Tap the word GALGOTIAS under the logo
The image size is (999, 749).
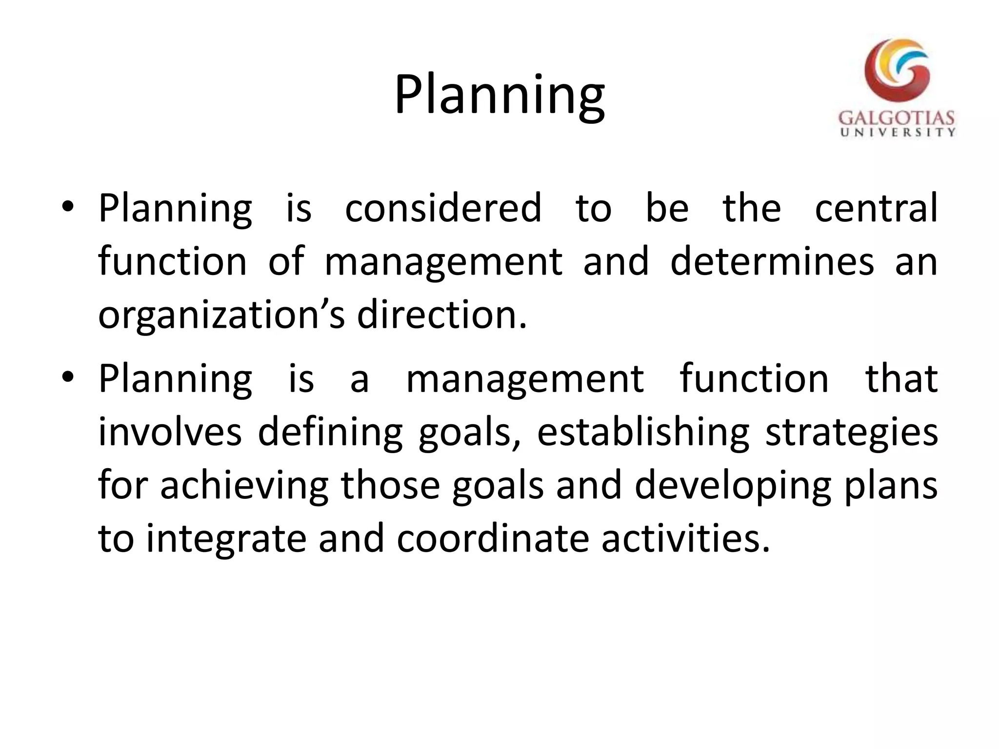point(897,118)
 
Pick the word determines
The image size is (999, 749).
point(772,262)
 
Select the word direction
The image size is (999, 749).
point(442,315)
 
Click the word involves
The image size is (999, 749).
point(170,432)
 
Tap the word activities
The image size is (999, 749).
point(685,539)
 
